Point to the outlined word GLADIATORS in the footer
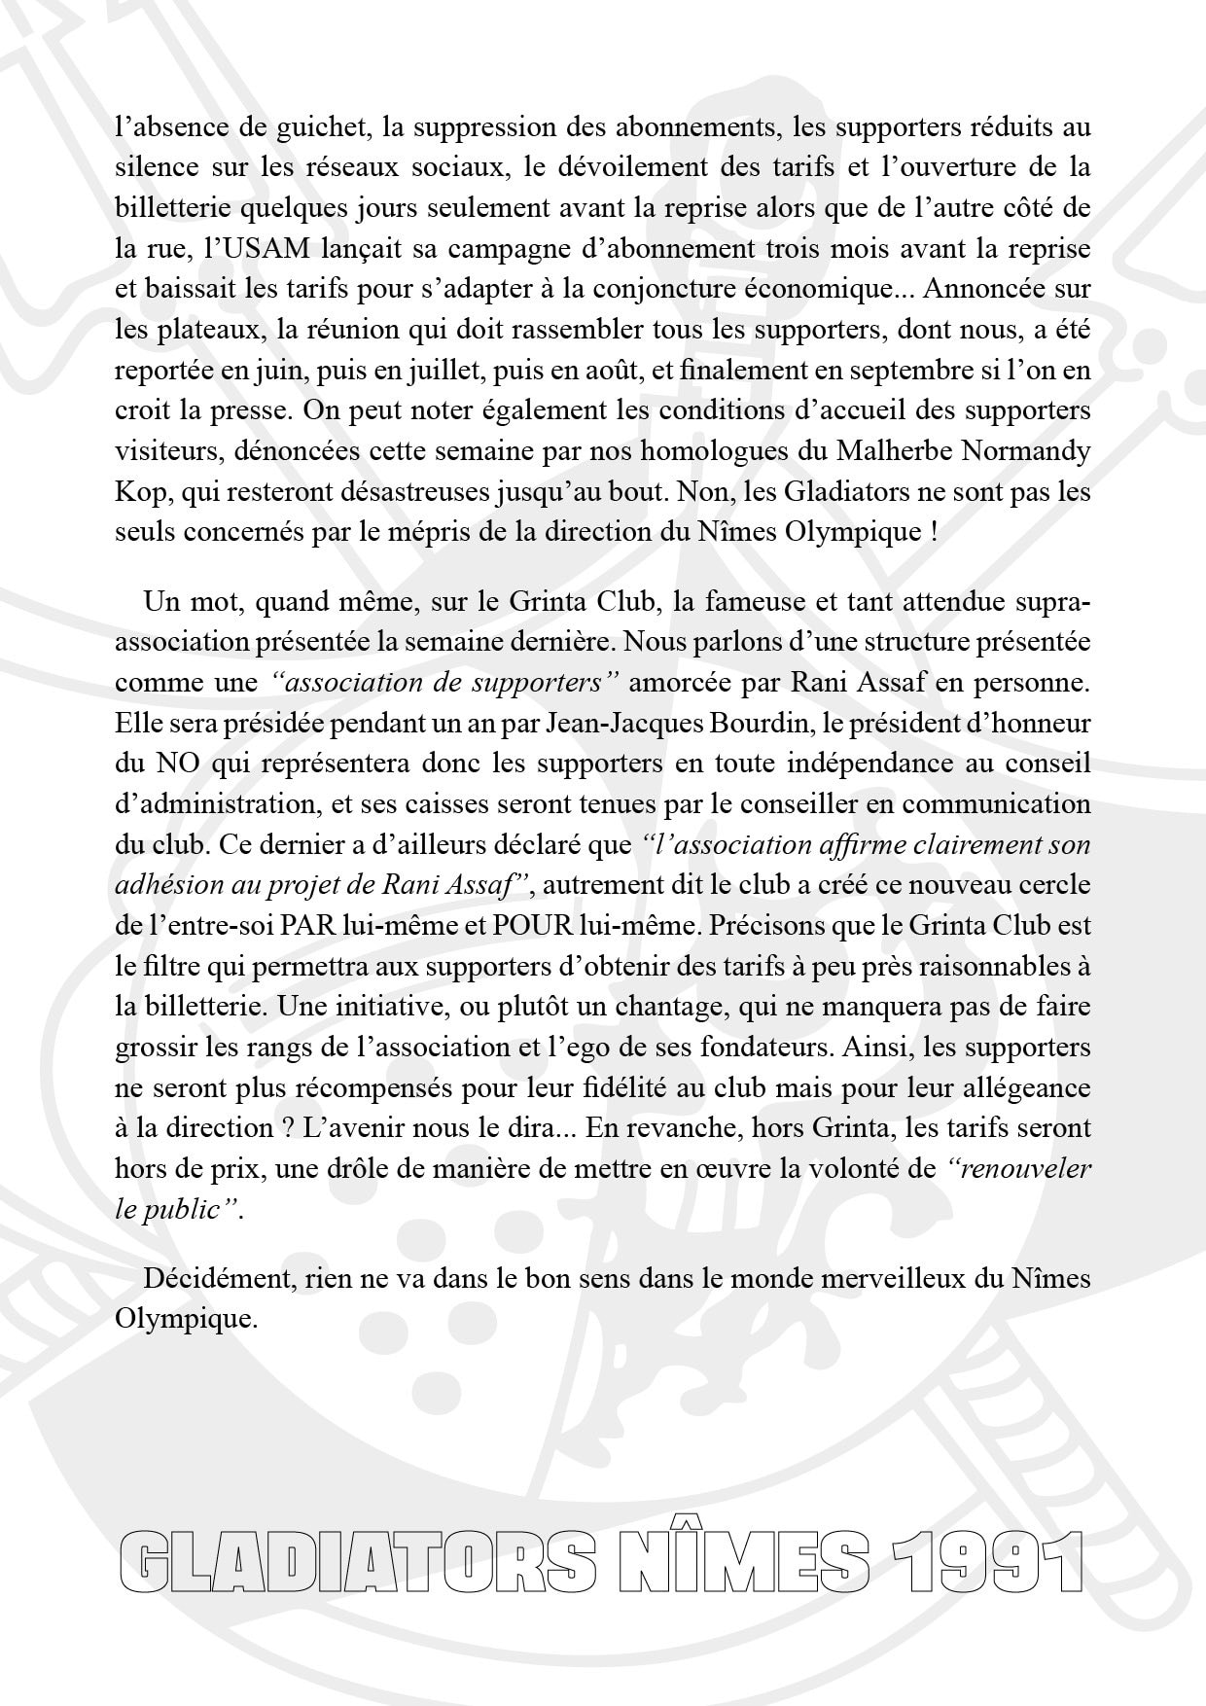pyautogui.click(x=360, y=1561)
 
